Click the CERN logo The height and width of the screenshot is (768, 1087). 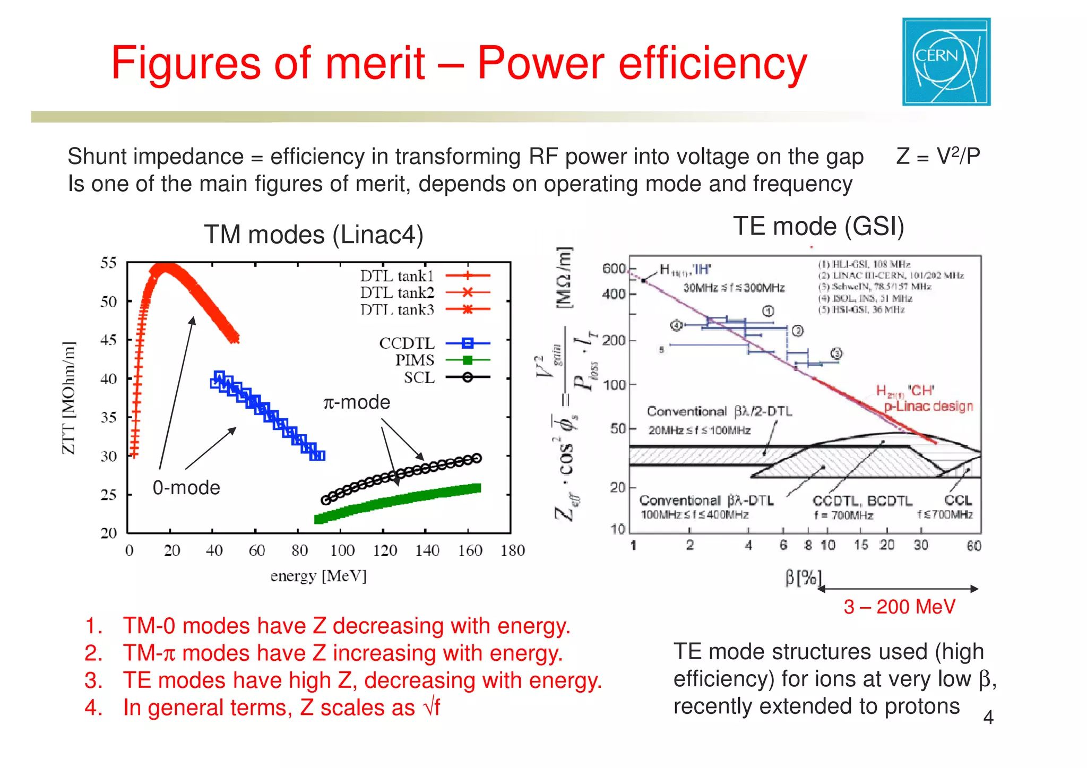[x=946, y=62]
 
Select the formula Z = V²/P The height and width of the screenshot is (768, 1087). [x=938, y=157]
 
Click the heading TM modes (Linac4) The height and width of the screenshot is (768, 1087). [x=314, y=235]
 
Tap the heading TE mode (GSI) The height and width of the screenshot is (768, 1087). [x=818, y=227]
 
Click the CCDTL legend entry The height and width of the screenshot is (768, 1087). [x=407, y=343]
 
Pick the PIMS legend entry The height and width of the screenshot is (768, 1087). [x=415, y=360]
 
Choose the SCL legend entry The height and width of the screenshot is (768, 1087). [x=419, y=378]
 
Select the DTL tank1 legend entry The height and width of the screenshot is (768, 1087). [x=397, y=276]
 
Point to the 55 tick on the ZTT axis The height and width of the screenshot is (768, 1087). [x=109, y=263]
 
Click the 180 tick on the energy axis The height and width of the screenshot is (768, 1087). [x=512, y=551]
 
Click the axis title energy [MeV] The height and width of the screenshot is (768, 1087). [x=318, y=576]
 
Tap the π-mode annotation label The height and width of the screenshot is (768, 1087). [x=357, y=402]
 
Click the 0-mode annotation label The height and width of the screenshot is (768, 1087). [x=186, y=488]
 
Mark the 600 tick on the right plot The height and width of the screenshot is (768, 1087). [x=614, y=269]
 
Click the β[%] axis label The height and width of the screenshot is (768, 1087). [x=803, y=577]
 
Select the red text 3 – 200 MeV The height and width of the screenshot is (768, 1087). [x=899, y=607]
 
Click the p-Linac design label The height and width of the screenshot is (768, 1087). [x=928, y=407]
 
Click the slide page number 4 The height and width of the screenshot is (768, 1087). [x=988, y=718]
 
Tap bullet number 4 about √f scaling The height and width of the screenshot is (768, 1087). [x=281, y=708]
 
